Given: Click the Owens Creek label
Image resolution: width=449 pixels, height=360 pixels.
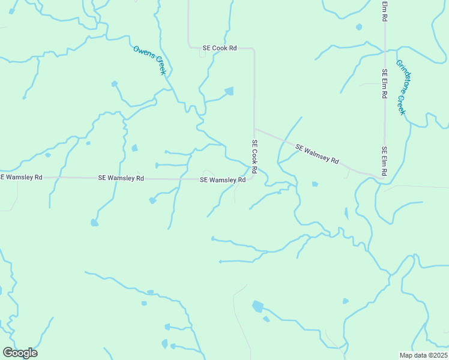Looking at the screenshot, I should point(149,60).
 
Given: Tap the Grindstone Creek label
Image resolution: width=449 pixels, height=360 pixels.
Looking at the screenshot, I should point(401,87).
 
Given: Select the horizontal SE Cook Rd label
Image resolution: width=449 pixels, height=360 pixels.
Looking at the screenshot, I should point(219,48).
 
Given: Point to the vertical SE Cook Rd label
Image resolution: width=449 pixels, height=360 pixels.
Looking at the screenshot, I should point(255,157).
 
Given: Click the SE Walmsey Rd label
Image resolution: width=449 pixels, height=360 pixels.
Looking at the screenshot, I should point(318,154).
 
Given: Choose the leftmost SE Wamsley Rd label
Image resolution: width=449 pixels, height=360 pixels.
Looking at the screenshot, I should point(21,178).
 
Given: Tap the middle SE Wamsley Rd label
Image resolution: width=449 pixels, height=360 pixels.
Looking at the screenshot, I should point(121,178).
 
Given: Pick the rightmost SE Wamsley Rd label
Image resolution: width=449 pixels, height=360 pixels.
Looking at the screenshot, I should point(223,180).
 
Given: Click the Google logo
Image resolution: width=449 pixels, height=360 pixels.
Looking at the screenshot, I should point(20,353).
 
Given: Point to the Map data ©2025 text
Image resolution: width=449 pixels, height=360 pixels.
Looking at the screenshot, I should point(423,355).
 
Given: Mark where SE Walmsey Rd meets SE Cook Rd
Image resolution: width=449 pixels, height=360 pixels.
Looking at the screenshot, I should point(255,128).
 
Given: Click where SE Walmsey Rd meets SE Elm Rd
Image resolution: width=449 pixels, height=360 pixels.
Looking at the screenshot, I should point(383,177).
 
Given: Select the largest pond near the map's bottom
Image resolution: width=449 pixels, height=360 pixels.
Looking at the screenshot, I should point(258,306).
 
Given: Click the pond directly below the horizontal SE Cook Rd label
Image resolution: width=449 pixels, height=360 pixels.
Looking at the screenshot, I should point(229,91).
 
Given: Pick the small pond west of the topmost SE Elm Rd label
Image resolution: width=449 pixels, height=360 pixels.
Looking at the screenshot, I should point(359,27).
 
